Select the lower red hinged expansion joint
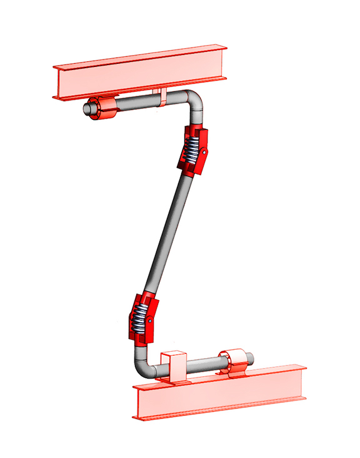(x=143, y=317)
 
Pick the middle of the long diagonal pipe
(x=169, y=234)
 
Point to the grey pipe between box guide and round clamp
(x=203, y=365)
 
